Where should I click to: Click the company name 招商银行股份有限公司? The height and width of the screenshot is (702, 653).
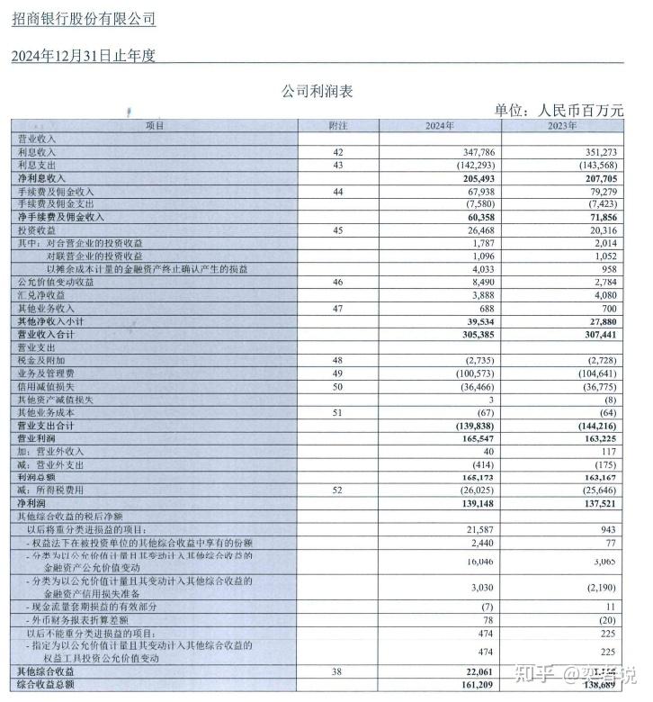[x=84, y=19]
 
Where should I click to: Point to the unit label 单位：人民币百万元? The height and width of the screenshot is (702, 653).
[x=558, y=111]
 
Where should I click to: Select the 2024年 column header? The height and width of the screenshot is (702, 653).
[x=440, y=126]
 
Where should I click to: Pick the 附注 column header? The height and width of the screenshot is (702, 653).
[x=338, y=126]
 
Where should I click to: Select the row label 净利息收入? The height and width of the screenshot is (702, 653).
[x=44, y=179]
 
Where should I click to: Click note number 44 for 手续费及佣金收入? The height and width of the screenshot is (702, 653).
[x=338, y=192]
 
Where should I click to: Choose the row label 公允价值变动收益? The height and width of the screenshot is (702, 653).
[x=56, y=283]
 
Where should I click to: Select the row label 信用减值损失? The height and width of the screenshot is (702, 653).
[x=45, y=385]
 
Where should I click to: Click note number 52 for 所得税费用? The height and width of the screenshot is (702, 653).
[x=338, y=490]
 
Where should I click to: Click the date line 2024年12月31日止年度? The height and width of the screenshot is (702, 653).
[x=84, y=56]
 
